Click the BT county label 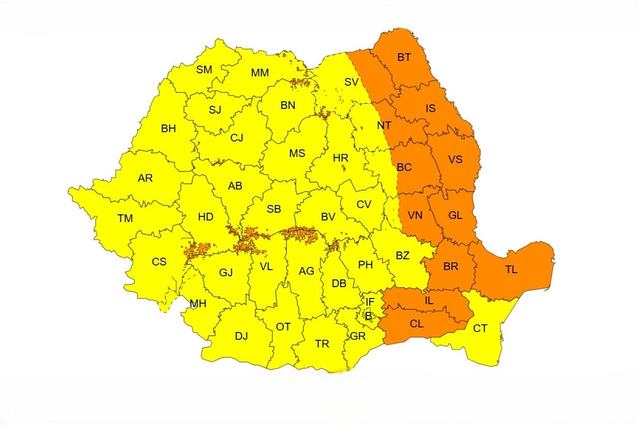tap(404, 57)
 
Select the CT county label tap(480, 328)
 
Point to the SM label tap(204, 70)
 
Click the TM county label tap(125, 218)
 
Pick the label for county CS tap(159, 262)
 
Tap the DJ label tap(241, 336)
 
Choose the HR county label tap(341, 158)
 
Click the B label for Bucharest tap(368, 317)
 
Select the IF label tap(370, 302)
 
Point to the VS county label tap(455, 159)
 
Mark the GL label tap(455, 215)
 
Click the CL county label tap(417, 324)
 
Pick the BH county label tap(169, 129)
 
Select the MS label tap(297, 153)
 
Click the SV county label tap(352, 82)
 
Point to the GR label tap(358, 336)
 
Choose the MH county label tap(198, 304)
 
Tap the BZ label tap(403, 255)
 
